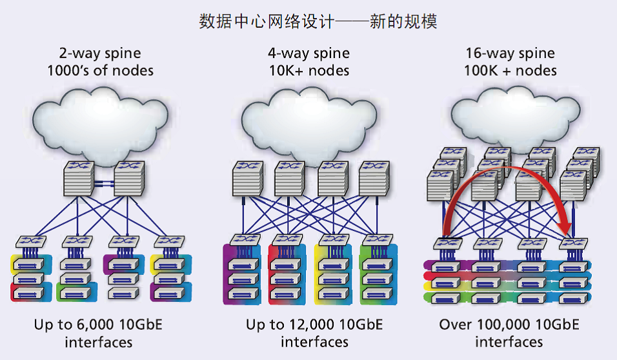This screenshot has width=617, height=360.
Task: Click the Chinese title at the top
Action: click(318, 21)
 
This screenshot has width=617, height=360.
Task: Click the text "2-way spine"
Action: click(100, 53)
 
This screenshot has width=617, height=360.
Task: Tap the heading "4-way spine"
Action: click(309, 53)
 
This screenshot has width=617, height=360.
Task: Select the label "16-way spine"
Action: click(511, 53)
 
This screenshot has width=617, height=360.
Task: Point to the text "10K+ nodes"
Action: click(309, 70)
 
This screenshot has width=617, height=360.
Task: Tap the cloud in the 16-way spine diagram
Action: click(516, 118)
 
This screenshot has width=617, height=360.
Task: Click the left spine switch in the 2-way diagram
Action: click(79, 179)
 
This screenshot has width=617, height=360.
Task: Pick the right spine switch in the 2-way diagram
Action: click(129, 179)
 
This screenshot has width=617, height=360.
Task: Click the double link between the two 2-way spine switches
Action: click(104, 183)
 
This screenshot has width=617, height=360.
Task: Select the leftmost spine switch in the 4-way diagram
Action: click(247, 179)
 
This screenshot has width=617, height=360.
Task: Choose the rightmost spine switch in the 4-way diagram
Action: click(374, 179)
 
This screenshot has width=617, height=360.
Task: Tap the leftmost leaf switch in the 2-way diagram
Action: click(31, 241)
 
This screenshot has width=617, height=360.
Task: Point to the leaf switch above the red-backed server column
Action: click(287, 239)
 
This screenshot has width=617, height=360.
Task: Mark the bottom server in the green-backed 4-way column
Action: click(377, 294)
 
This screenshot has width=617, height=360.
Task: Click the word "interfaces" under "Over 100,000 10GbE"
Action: click(509, 342)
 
